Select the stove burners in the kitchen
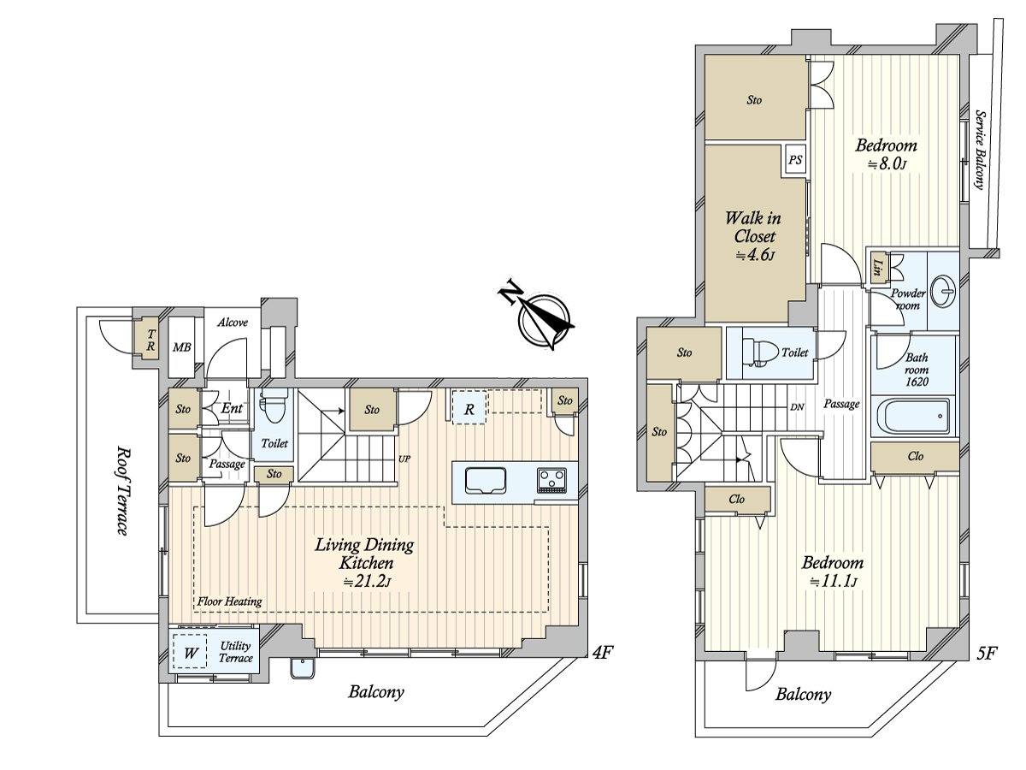[551, 481]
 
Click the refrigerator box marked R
[469, 408]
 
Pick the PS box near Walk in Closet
[795, 160]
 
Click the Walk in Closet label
[752, 227]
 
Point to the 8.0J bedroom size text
[887, 165]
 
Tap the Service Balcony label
[980, 150]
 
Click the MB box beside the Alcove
[181, 347]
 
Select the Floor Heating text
[230, 601]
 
